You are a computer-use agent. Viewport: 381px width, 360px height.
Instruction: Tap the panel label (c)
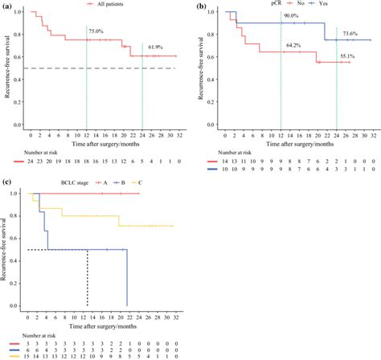[x=7, y=183]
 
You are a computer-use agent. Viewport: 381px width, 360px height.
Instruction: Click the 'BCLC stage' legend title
[x=47, y=184]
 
